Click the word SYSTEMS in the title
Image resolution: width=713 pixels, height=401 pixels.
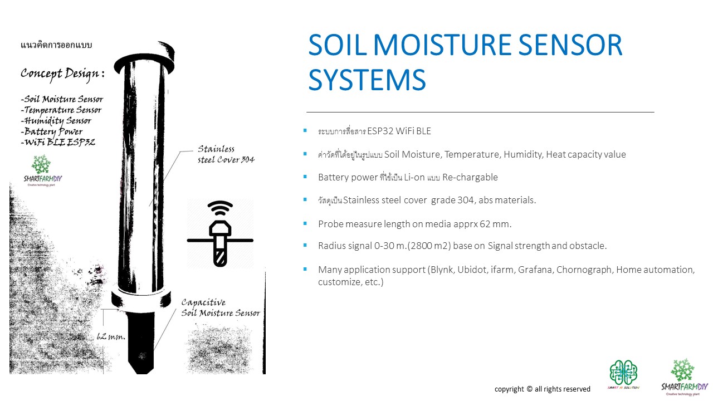tap(367, 79)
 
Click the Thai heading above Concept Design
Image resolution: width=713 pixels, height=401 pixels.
tap(56, 45)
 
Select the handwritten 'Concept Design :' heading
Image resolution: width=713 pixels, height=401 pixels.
tap(62, 74)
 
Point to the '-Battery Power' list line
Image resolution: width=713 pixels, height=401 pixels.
tap(52, 131)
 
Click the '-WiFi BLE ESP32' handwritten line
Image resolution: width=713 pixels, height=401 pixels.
tap(58, 142)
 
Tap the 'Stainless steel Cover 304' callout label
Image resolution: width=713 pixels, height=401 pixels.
tap(226, 154)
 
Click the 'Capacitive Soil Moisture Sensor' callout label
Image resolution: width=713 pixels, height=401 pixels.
tap(221, 308)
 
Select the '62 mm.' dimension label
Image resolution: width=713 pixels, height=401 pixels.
tap(111, 336)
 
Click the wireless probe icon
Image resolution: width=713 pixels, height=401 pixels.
tap(220, 233)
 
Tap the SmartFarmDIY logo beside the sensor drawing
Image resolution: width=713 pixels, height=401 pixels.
tap(42, 170)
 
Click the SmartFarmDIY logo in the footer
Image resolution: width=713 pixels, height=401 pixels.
tap(684, 378)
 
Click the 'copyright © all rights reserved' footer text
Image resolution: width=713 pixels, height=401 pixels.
tap(543, 389)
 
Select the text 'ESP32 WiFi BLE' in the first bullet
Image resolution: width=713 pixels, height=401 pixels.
tap(399, 131)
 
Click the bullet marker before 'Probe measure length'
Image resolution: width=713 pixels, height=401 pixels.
tap(305, 223)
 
